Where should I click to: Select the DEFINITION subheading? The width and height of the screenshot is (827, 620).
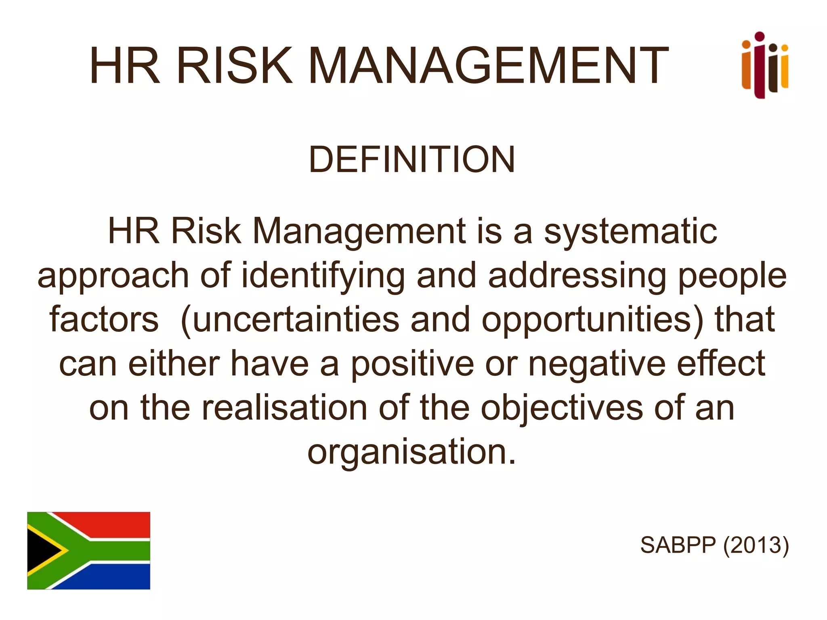412,160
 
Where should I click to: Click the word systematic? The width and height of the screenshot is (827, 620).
630,232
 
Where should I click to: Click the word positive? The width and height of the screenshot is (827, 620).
412,364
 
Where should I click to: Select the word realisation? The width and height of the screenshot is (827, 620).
285,408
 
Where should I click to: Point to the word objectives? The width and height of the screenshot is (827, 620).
562,408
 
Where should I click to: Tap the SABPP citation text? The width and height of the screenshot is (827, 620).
678,545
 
